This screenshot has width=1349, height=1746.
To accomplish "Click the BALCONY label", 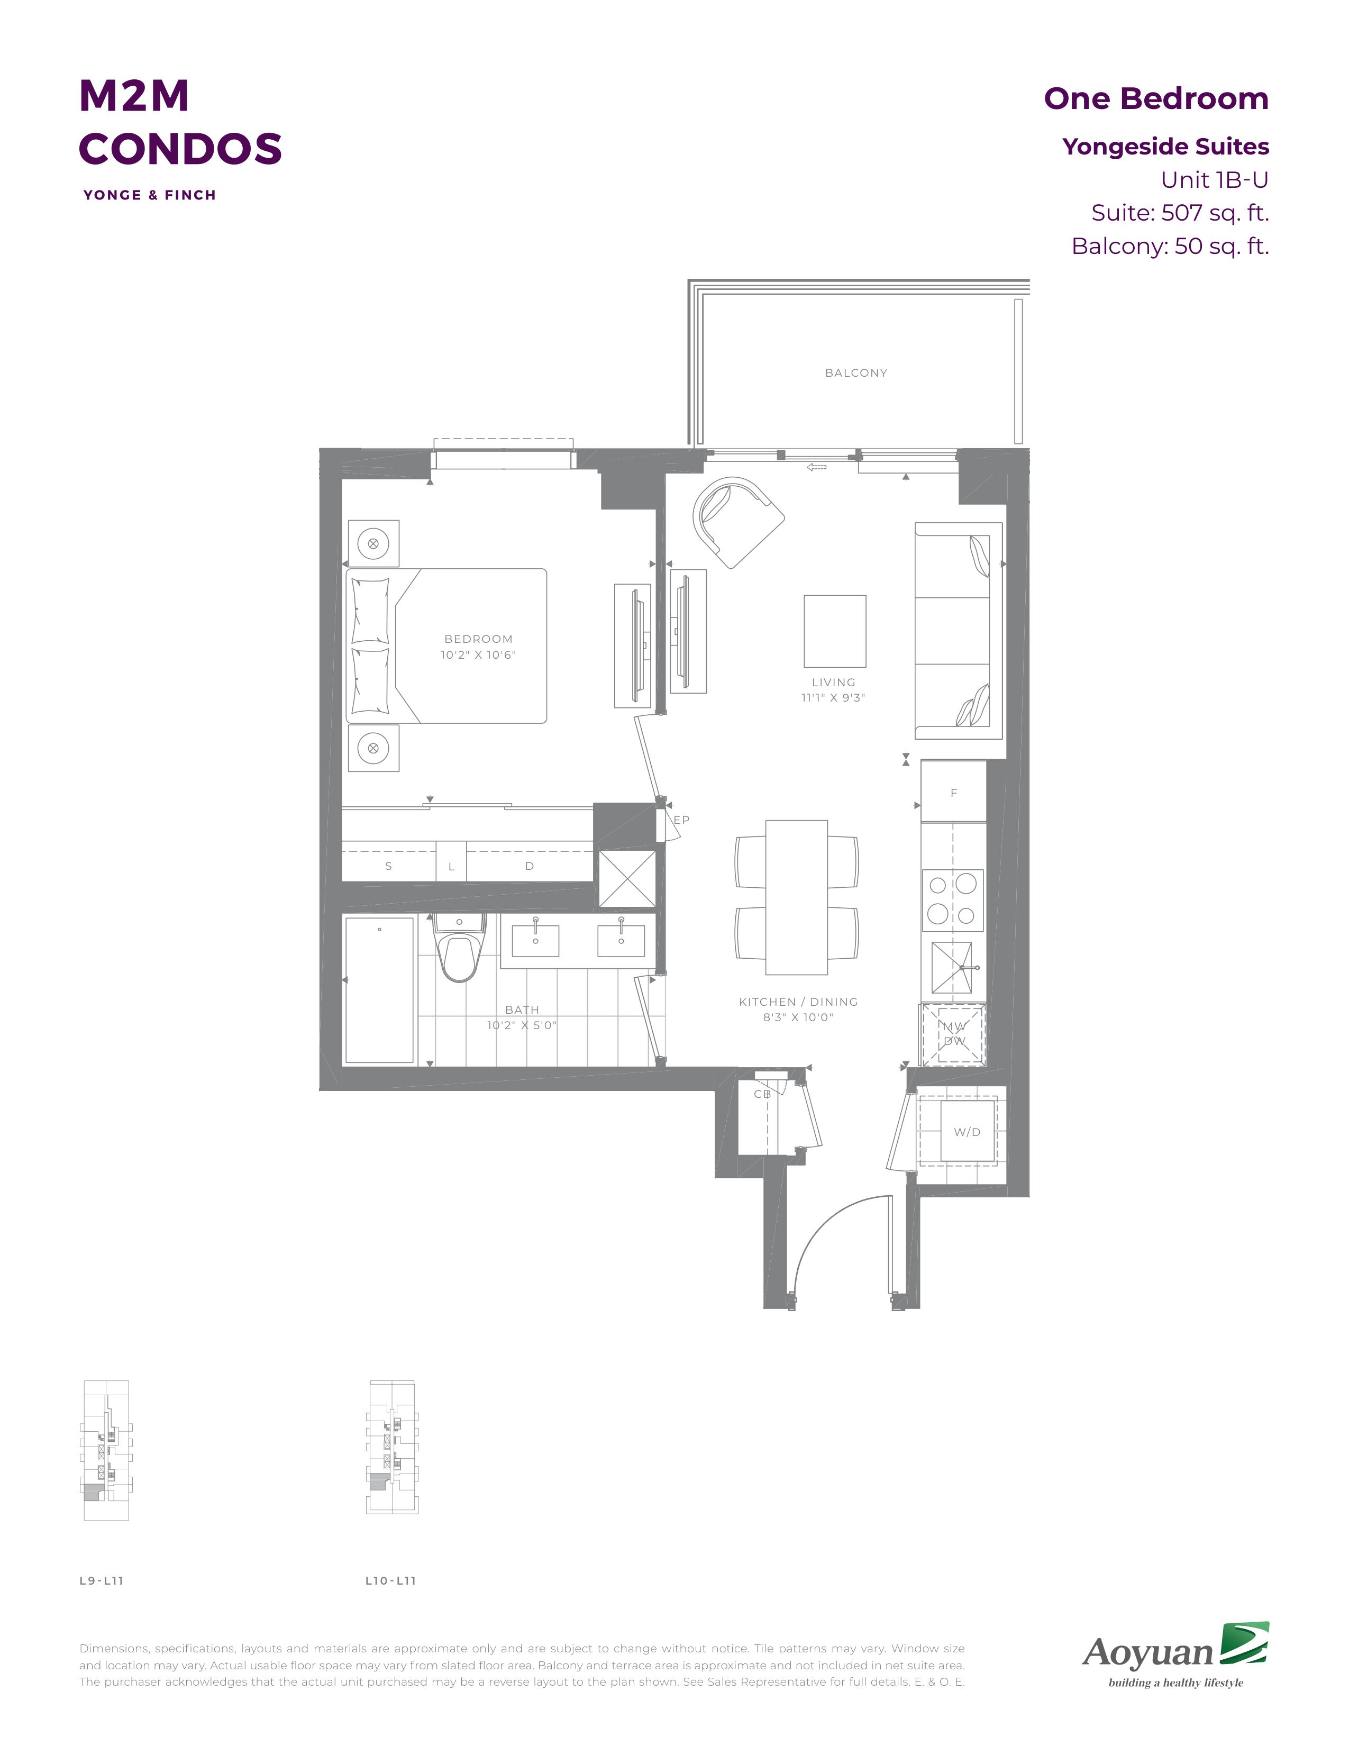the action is [856, 372].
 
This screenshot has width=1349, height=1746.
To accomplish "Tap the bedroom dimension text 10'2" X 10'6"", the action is [479, 655].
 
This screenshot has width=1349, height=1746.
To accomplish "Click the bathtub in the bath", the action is [380, 990].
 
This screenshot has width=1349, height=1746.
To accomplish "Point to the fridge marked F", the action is [953, 792].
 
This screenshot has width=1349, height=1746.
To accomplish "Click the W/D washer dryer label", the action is [967, 1132].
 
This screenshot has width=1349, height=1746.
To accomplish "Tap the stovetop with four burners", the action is [953, 900].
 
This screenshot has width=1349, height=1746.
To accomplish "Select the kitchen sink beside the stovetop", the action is [952, 967].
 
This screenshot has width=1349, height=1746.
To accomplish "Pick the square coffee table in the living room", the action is [834, 631].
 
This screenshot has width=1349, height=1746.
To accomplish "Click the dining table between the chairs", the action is [796, 897].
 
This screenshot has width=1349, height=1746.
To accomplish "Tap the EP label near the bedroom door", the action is [681, 820].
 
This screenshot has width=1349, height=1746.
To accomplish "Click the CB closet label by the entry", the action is [762, 1094].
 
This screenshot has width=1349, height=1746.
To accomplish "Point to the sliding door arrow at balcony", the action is [817, 467].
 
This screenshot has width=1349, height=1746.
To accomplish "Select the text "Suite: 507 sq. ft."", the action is [1180, 213].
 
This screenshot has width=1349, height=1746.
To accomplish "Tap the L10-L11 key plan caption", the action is [391, 1580].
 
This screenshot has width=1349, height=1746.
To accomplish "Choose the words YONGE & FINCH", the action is [149, 195].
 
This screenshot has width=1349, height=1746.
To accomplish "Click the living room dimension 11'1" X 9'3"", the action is [834, 698].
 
